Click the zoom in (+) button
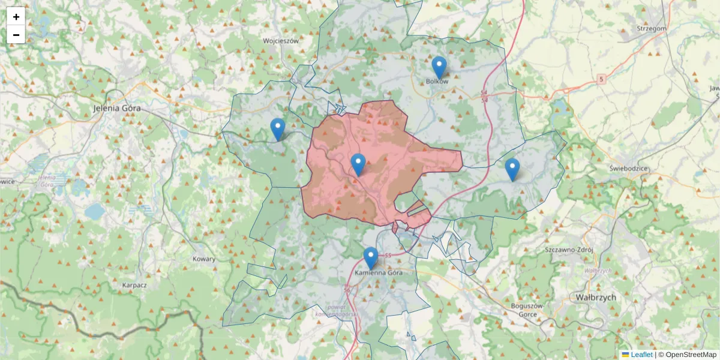16,17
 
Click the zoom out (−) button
16,35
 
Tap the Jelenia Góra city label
117,109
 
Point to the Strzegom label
652,28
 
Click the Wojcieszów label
281,41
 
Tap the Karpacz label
134,285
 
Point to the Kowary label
204,259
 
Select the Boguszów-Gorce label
527,310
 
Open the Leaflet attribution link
641,355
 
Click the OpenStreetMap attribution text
691,355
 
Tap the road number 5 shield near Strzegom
601,79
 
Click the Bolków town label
437,82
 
